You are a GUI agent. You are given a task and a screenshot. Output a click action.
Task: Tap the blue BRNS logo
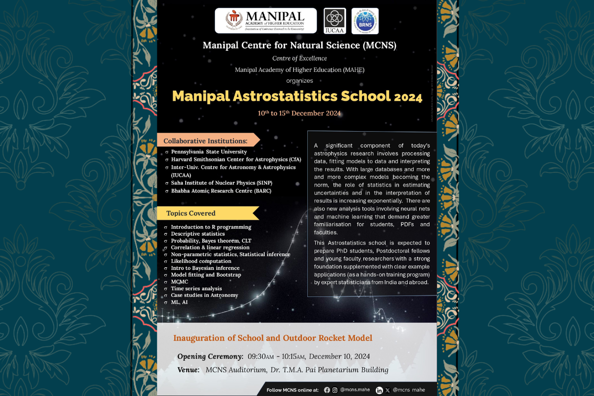coord(365,21)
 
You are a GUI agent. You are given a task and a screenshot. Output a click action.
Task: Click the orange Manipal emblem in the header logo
coord(234,20)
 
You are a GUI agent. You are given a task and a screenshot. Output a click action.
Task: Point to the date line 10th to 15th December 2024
coord(299,113)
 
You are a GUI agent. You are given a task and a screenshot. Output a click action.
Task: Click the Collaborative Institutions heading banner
coord(205,141)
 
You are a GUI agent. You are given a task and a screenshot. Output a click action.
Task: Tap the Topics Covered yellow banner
coord(191,213)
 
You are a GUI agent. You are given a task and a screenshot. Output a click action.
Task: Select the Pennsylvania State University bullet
coord(209,151)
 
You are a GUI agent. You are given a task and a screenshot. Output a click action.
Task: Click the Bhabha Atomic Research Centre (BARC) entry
coord(221,191)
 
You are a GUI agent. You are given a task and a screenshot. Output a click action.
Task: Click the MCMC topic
coord(179,281)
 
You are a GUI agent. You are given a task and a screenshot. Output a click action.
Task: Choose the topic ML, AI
coord(179,302)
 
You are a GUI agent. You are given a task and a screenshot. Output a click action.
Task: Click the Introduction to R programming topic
coord(211,227)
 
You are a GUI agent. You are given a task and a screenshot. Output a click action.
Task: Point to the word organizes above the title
coord(299,80)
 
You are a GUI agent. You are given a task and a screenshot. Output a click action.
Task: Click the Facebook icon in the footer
coord(327,390)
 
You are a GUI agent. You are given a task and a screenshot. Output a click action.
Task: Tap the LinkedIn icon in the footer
coord(379,390)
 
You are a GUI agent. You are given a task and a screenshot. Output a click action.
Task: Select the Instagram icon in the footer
coord(335,390)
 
